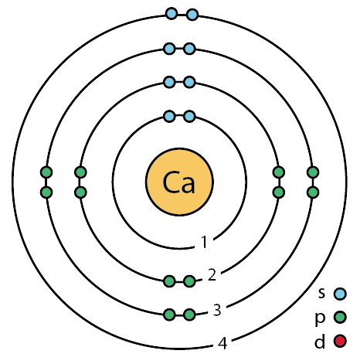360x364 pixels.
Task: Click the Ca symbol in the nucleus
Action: [x=179, y=182]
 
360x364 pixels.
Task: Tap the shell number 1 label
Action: [x=204, y=242]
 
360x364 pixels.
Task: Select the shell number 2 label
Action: [x=212, y=274]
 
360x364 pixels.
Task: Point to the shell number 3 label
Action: [x=217, y=310]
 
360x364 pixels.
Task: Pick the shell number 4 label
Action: [x=222, y=343]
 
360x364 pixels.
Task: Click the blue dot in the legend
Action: [x=340, y=294]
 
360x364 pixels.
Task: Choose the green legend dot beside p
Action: [x=340, y=317]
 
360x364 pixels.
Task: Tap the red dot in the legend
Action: [x=340, y=341]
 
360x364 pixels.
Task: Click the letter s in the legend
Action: [x=321, y=294]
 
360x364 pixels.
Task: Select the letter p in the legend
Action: [x=320, y=319]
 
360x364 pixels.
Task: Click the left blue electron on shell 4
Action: [x=172, y=14]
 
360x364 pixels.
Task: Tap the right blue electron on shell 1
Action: [x=189, y=117]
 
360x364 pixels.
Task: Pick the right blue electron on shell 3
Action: [x=189, y=49]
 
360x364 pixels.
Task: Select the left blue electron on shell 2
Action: [x=169, y=83]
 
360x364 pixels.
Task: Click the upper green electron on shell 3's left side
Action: [x=46, y=172]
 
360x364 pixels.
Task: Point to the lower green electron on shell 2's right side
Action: [x=279, y=192]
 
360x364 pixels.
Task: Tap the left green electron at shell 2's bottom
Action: [x=169, y=281]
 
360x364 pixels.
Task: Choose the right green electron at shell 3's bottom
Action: [x=189, y=315]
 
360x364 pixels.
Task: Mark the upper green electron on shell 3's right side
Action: [x=313, y=172]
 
